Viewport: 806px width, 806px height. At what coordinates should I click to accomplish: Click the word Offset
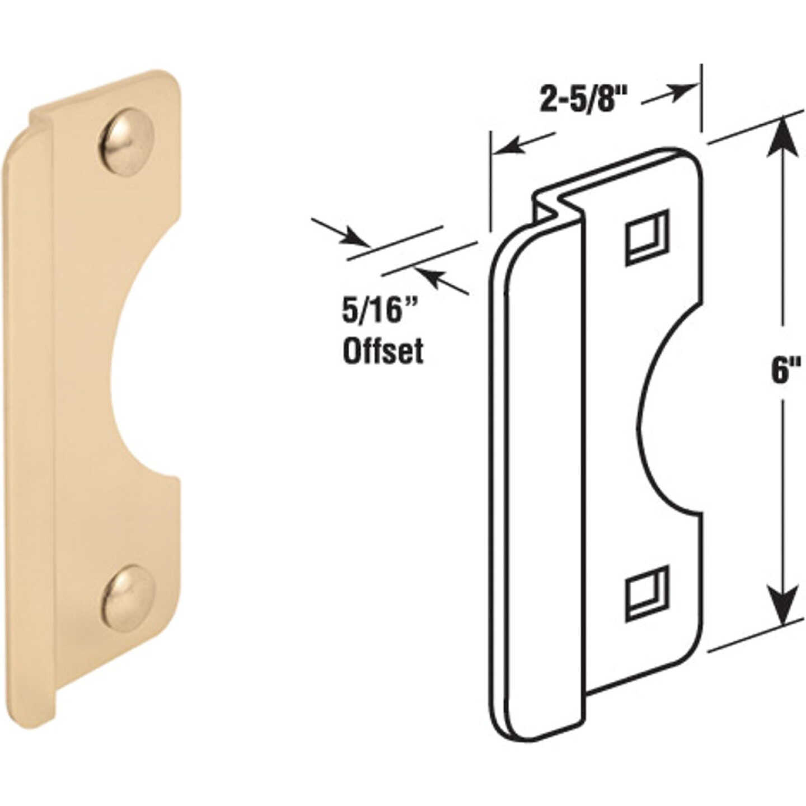pyautogui.click(x=382, y=351)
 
